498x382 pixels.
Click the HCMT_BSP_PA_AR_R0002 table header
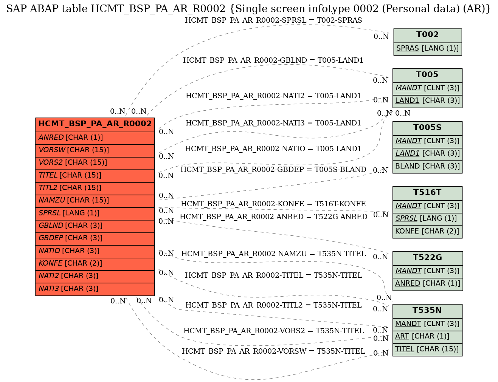pos(95,125)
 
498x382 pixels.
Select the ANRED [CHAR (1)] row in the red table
pos(95,138)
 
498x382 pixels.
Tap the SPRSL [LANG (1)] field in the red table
pos(95,213)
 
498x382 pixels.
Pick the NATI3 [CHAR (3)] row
pos(95,289)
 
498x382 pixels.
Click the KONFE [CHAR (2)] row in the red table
pos(95,264)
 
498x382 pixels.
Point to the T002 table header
pos(427,36)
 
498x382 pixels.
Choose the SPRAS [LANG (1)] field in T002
pos(427,49)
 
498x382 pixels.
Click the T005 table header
pos(427,75)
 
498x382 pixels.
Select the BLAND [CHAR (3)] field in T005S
pos(427,167)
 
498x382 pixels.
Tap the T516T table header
pos(427,193)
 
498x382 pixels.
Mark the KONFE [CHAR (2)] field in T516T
pos(427,232)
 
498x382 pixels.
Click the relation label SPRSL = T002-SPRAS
pos(273,20)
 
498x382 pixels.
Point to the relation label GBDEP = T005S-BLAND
pos(273,170)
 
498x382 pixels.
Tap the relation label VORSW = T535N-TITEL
pos(273,351)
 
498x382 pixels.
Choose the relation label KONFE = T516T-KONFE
pos(273,204)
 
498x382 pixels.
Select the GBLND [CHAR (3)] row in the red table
pos(95,226)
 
